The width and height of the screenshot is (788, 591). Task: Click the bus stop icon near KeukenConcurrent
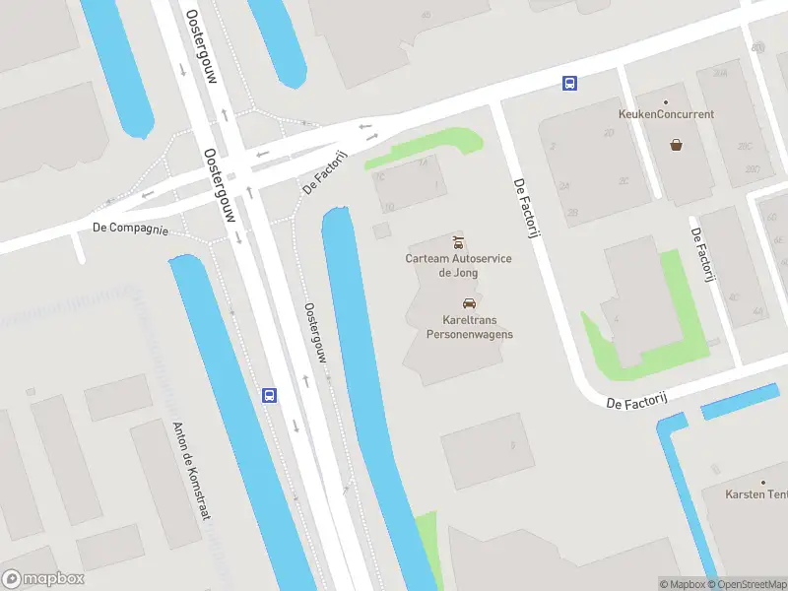click(569, 84)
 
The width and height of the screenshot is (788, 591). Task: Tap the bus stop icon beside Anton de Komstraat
click(269, 395)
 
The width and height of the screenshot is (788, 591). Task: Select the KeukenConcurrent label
click(666, 114)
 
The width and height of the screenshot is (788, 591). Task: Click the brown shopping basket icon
click(677, 145)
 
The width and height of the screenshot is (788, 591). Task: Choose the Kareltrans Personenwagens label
click(469, 327)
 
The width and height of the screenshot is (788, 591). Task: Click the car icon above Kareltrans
click(469, 303)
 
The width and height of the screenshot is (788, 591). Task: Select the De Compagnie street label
click(131, 228)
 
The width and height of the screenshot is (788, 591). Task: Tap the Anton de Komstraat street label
click(191, 471)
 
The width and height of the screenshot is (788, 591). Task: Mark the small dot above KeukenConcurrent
click(666, 101)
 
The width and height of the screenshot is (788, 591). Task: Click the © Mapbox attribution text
click(683, 584)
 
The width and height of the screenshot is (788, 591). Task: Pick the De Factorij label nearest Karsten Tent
click(637, 402)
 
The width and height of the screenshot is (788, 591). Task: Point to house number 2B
click(573, 212)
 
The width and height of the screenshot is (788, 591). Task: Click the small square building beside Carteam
click(381, 230)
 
